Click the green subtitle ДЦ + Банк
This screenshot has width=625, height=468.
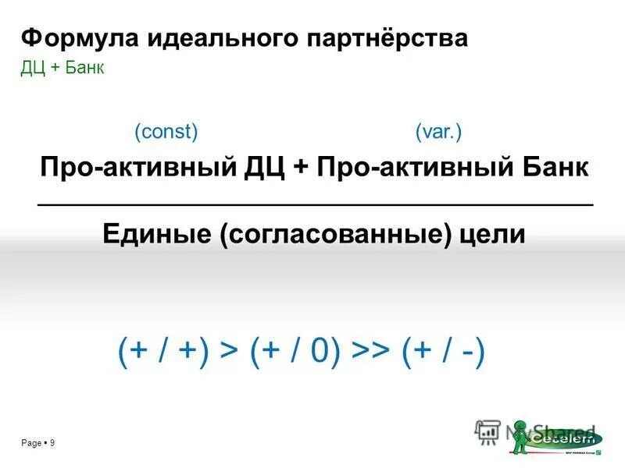[62, 68]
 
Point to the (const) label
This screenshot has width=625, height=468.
[166, 132]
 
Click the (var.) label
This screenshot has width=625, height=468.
[438, 132]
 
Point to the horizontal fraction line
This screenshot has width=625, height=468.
[316, 204]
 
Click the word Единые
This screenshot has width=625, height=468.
[156, 233]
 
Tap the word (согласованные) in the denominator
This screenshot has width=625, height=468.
[336, 234]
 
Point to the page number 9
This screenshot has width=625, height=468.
[51, 443]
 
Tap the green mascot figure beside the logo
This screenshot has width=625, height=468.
[521, 437]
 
